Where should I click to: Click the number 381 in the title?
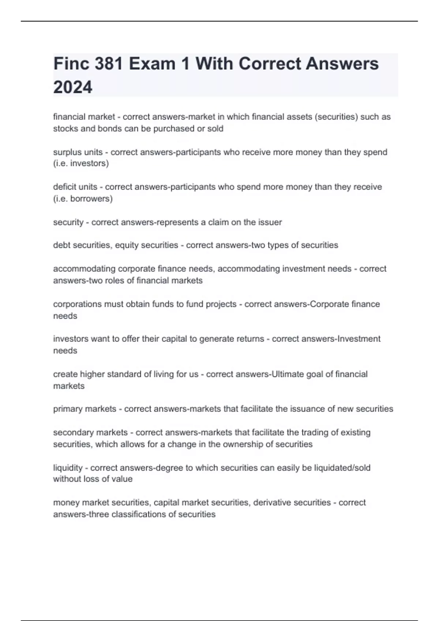point(108,64)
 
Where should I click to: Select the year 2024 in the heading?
point(73,88)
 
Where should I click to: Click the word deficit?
point(64,187)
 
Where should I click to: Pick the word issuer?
point(270,222)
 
